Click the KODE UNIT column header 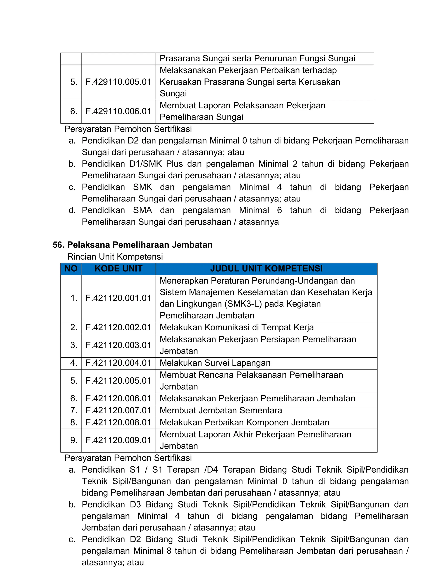[118, 269]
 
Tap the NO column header [71, 269]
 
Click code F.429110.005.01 [118, 82]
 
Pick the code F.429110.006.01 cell [118, 111]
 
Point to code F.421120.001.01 [118, 298]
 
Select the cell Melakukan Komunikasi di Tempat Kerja [236, 328]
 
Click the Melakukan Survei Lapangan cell [215, 363]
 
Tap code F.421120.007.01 [118, 410]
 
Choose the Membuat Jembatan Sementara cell [221, 410]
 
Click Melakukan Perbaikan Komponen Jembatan [244, 422]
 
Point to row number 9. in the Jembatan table [74, 440]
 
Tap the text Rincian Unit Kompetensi [115, 257]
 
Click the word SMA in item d [143, 210]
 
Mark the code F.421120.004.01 [118, 363]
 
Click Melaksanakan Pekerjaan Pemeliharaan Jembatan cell [257, 399]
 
